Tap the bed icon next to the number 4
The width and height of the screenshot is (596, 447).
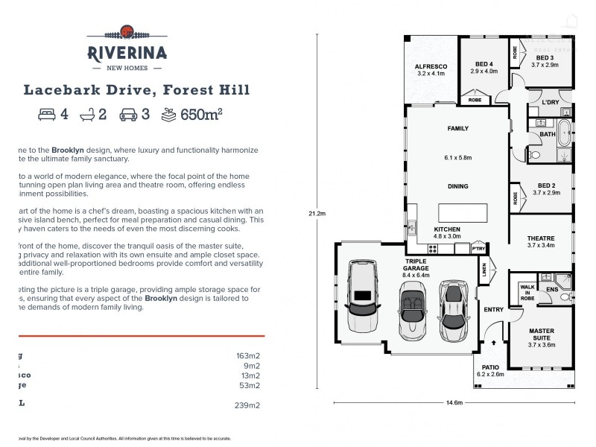(47, 115)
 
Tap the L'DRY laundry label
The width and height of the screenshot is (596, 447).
(551, 102)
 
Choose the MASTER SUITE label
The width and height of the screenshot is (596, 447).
(541, 334)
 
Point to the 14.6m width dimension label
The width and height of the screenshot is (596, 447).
(454, 403)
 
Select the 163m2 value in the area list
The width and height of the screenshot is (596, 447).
(248, 356)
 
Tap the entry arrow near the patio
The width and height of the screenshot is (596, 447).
(494, 343)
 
